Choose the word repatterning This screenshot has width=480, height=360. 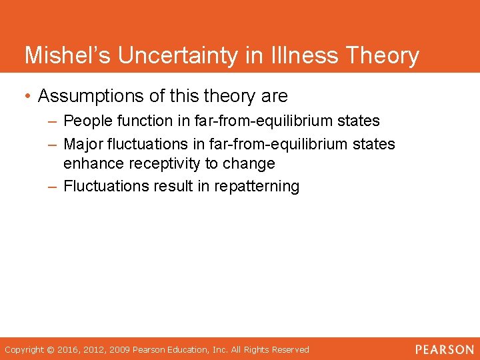pos(257,186)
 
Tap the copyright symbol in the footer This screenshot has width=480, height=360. pos(51,350)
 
